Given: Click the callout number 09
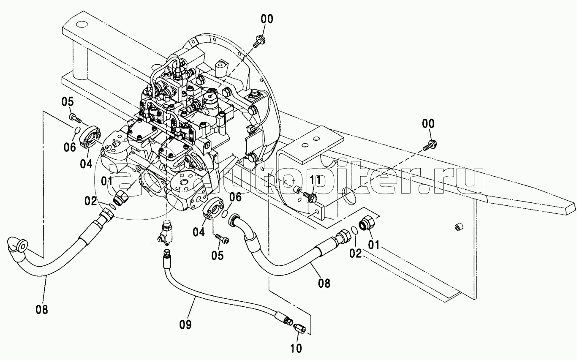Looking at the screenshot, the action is point(185,324).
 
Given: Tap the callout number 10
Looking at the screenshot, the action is point(296,349).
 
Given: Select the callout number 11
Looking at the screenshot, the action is point(315,180).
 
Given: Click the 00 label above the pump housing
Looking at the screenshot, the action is point(267,19).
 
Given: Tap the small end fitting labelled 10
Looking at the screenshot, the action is point(299,328).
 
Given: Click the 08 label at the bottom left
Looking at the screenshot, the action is point(42,309).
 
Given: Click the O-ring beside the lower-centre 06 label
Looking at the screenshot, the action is point(225,213).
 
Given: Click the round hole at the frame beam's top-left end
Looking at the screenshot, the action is point(82,24).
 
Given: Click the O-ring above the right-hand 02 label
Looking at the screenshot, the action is point(354,230).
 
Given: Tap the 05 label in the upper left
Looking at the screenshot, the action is point(68,102).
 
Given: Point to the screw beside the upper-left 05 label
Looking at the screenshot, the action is point(75,118).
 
